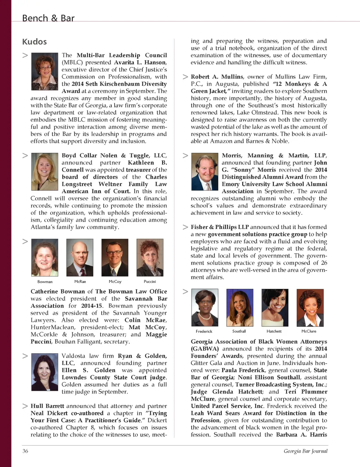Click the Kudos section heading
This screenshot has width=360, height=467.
34,42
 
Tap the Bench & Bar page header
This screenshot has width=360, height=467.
48,18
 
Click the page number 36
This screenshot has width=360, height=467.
25,451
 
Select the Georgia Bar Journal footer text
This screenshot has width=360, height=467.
306,451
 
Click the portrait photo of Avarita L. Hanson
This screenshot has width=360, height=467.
45,72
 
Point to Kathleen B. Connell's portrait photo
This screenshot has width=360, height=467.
45,172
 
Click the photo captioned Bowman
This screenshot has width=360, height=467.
45,258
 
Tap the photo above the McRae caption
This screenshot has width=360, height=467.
80,258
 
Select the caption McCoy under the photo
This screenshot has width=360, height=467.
115,282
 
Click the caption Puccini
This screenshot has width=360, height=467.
150,282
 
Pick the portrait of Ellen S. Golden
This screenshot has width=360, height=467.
45,372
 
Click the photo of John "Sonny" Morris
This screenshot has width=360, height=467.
205,172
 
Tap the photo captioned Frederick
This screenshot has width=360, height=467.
205,308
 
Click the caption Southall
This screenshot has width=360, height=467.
239,331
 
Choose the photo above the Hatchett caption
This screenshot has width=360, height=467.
275,308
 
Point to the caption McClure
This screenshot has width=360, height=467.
309,331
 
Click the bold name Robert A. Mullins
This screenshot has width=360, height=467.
217,77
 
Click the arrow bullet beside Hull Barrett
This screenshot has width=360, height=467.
25,406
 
